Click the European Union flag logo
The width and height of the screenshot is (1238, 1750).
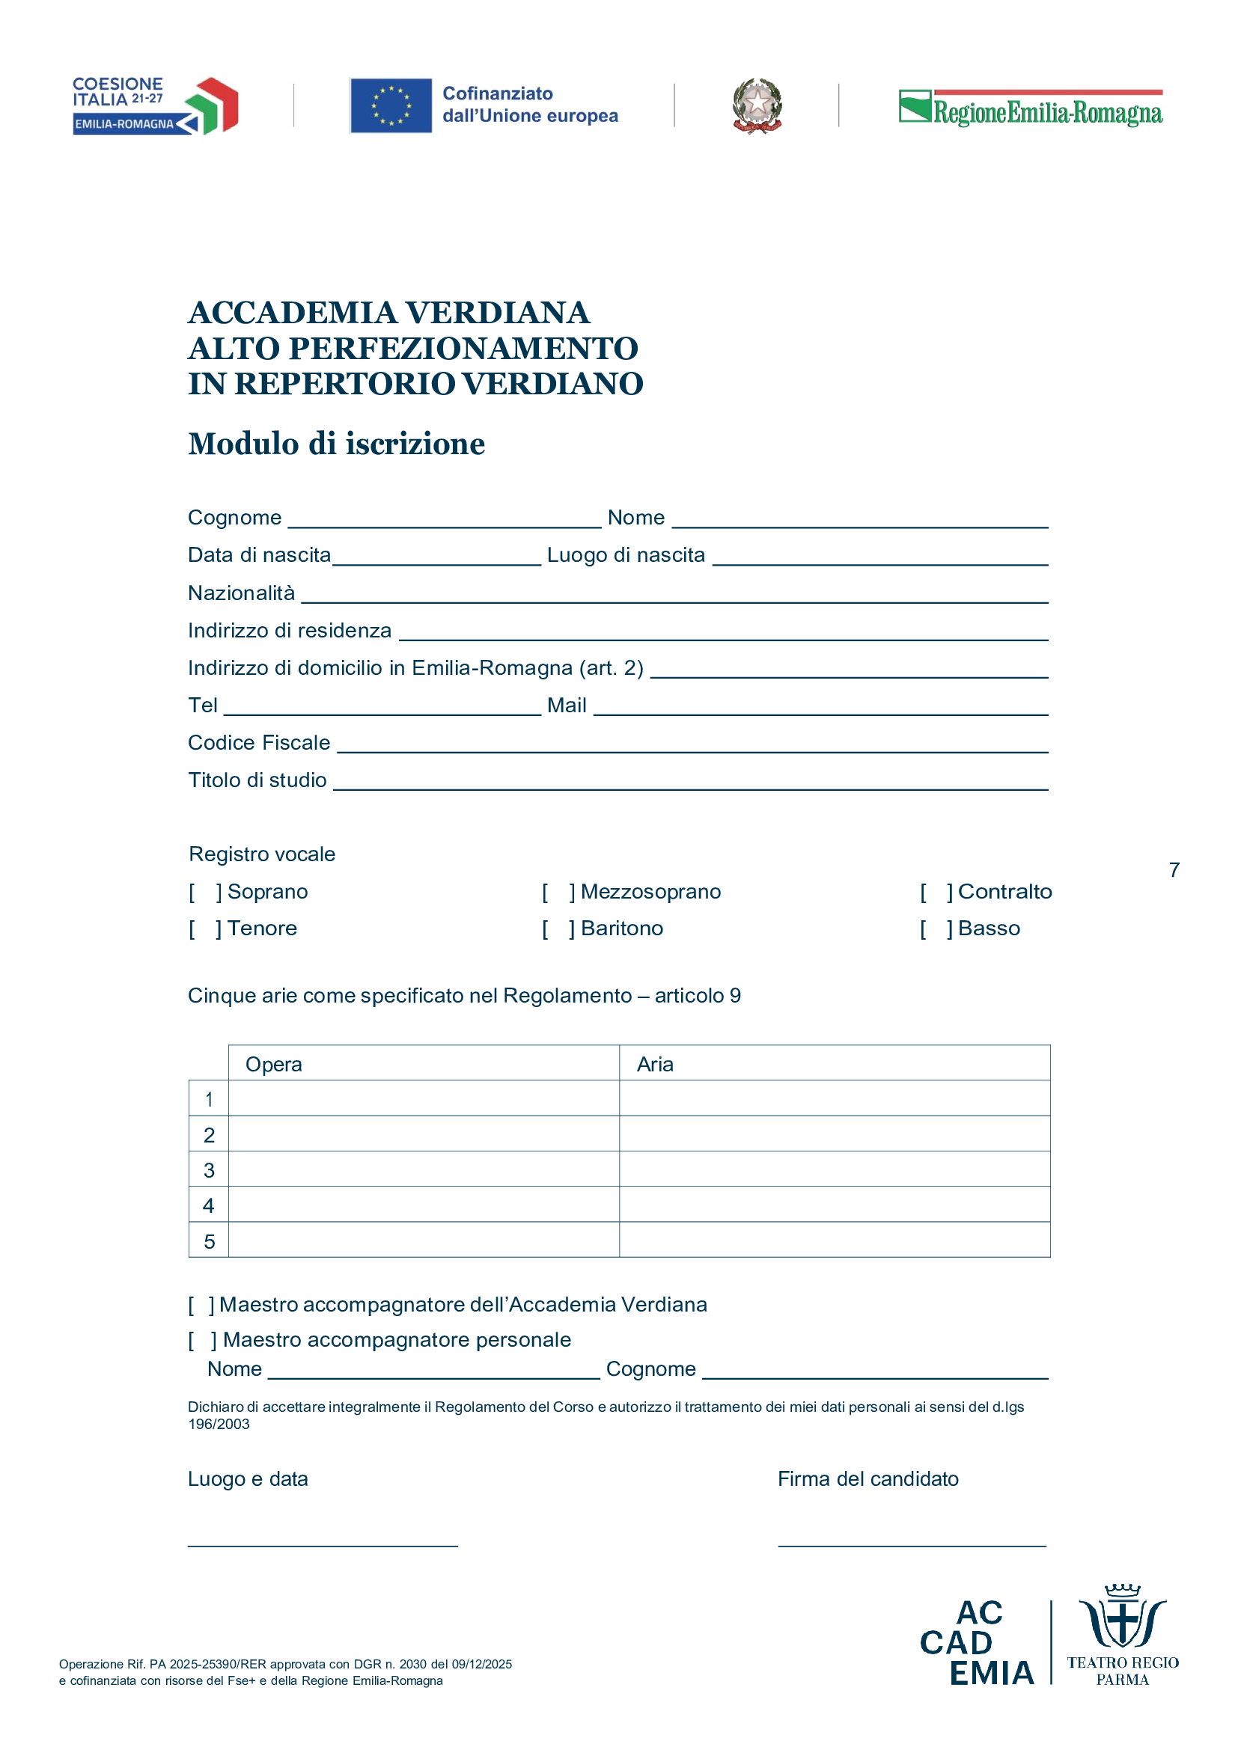pyautogui.click(x=391, y=106)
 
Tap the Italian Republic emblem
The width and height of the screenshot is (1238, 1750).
pyautogui.click(x=757, y=106)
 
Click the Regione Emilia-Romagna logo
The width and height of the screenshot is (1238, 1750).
pyautogui.click(x=1030, y=108)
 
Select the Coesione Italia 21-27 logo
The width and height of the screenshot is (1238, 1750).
pyautogui.click(x=156, y=106)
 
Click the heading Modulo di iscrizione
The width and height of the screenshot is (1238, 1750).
pyautogui.click(x=336, y=444)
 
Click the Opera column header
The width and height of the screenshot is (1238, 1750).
pyautogui.click(x=274, y=1064)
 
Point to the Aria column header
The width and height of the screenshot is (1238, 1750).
pyautogui.click(x=655, y=1064)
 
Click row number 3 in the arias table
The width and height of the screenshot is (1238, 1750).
pyautogui.click(x=209, y=1170)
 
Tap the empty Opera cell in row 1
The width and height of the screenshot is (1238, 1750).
pyautogui.click(x=423, y=1098)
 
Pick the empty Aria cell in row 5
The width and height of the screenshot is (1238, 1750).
pyautogui.click(x=834, y=1240)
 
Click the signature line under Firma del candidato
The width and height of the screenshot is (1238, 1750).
pyautogui.click(x=912, y=1544)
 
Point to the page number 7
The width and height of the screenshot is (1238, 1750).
pyautogui.click(x=1174, y=869)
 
